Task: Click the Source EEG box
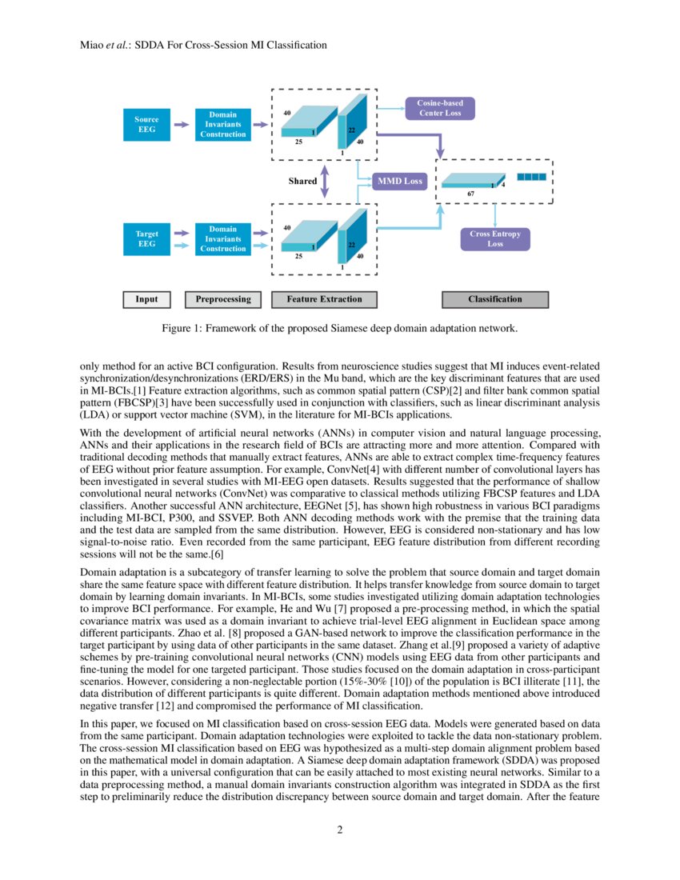tap(146, 124)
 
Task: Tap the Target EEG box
tap(146, 238)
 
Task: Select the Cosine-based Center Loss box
tap(440, 108)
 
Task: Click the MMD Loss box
tap(399, 182)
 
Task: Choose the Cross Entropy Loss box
tap(495, 238)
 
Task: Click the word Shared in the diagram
tap(302, 182)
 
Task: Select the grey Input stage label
tap(146, 299)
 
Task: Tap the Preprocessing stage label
tap(223, 299)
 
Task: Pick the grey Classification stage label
tap(495, 299)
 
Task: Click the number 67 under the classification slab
tap(471, 194)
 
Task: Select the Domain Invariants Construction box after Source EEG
tap(223, 124)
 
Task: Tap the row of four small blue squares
tap(530, 176)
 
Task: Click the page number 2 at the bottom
tap(340, 830)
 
